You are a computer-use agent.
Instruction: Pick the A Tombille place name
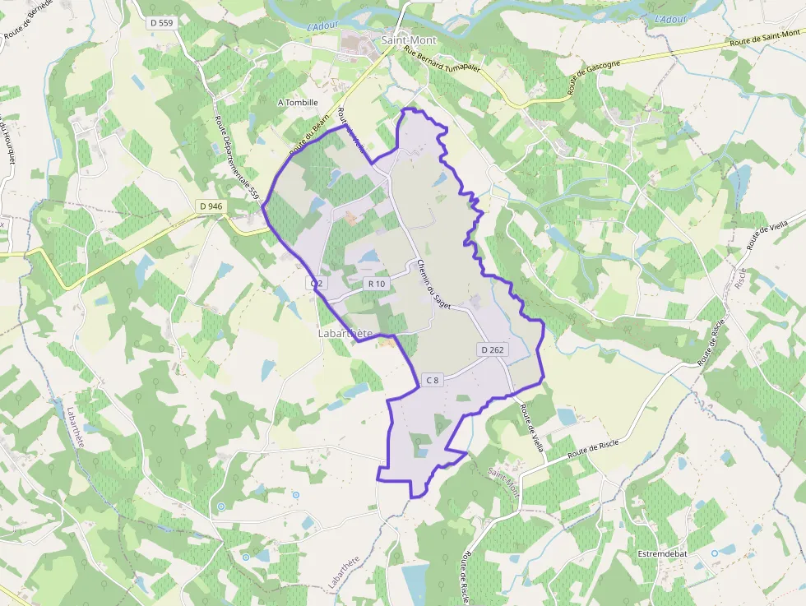(x=298, y=103)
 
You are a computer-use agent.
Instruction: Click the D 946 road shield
(x=211, y=206)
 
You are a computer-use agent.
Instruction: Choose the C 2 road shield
(x=317, y=283)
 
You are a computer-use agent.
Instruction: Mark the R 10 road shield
(x=377, y=284)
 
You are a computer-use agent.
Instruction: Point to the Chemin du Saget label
(x=433, y=284)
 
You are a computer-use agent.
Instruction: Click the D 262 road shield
(x=492, y=349)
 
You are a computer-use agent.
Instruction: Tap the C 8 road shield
(x=432, y=380)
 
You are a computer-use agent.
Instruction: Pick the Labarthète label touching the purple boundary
(x=345, y=334)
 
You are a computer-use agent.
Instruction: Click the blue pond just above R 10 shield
(x=368, y=257)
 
